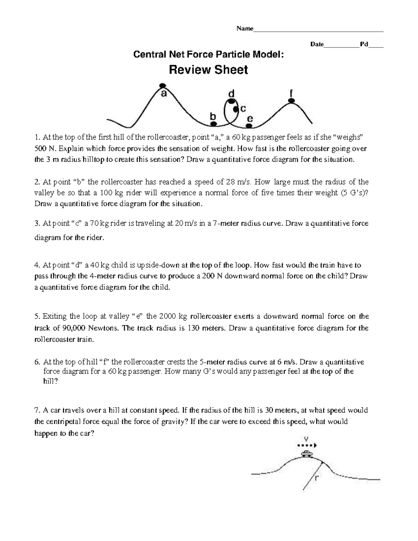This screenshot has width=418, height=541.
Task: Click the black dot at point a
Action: click(162, 85)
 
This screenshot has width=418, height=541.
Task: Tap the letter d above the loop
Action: click(231, 94)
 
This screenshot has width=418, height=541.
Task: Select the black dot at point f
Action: click(291, 101)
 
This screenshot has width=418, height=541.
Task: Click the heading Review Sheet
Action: click(208, 70)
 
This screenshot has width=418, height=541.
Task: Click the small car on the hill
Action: click(307, 453)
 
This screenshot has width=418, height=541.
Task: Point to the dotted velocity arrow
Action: click(307, 445)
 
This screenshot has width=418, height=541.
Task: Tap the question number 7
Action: click(37, 410)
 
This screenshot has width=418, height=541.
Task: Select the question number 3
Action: click(37, 223)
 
